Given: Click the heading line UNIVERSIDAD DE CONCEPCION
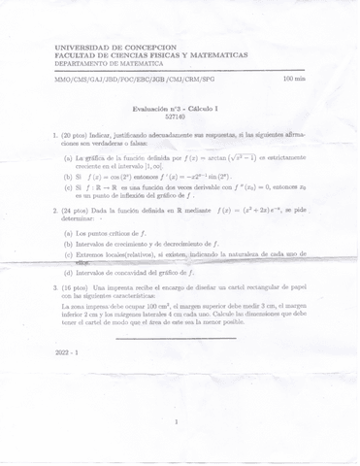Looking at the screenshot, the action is click(115, 47).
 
